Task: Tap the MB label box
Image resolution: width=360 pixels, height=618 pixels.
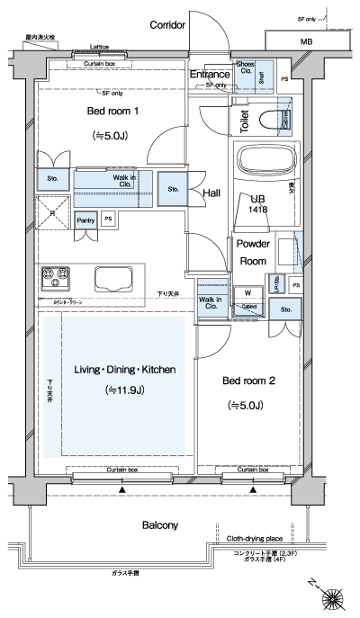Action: [x=307, y=41]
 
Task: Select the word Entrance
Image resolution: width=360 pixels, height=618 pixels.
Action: [x=210, y=76]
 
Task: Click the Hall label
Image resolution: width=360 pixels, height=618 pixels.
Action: [x=212, y=193]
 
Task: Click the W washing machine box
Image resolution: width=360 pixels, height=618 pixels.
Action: [x=247, y=291]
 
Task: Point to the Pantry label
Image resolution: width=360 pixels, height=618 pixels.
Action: [x=86, y=219]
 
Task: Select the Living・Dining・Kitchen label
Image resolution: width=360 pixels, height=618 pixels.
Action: [x=118, y=370]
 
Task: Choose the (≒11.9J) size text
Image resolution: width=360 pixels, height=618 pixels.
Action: [x=118, y=390]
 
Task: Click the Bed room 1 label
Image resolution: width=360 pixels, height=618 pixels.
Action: [x=112, y=111]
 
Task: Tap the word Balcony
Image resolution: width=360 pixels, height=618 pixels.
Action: [x=159, y=524]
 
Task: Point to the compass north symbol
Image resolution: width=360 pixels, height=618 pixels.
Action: [x=335, y=596]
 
